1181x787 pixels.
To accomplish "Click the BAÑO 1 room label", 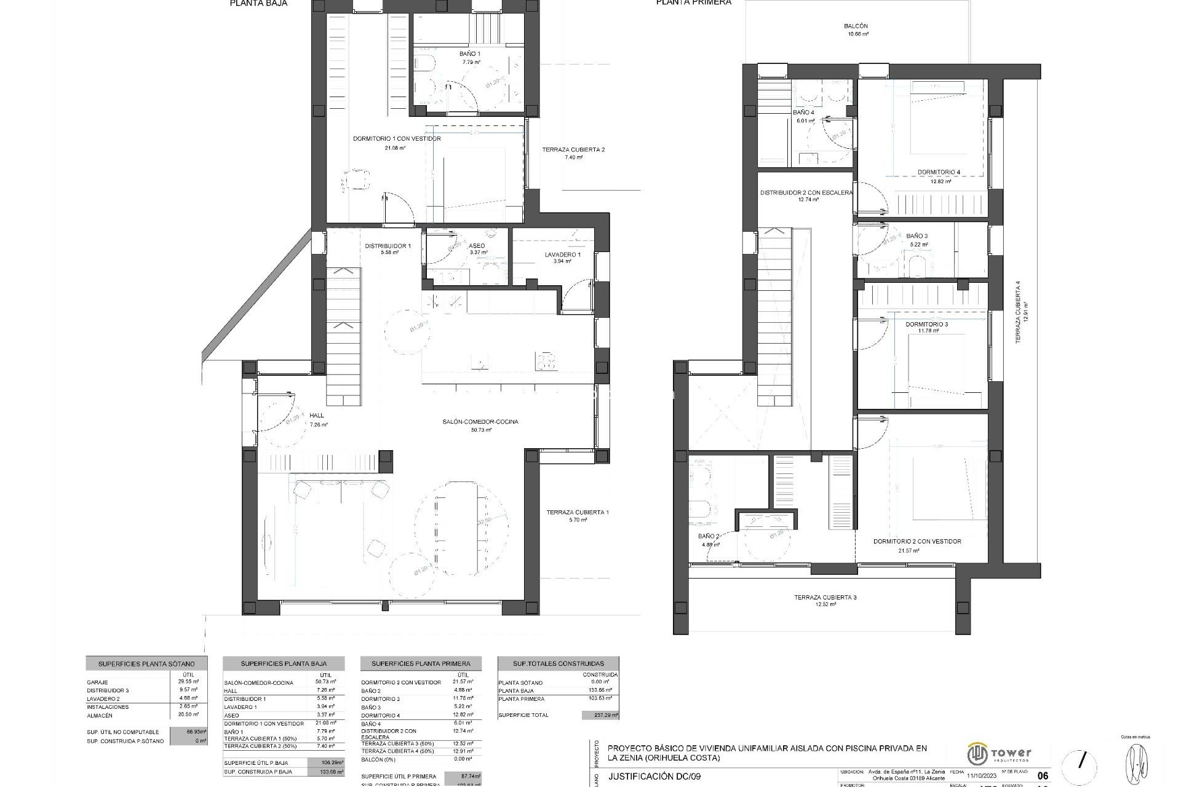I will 470,54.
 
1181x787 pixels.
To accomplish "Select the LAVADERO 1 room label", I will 562,255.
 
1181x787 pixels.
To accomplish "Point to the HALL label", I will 317,416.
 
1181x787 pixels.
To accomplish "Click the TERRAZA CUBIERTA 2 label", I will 573,149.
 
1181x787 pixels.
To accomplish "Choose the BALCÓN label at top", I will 856,26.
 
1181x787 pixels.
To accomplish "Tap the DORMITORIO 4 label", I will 938,172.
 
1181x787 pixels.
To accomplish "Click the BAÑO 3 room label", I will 917,236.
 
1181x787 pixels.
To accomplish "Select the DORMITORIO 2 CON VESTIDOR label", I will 917,542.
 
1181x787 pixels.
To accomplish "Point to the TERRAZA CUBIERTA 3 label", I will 825,597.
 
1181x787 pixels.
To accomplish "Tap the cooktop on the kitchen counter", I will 546,361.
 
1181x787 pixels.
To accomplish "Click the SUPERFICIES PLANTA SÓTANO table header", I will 146,664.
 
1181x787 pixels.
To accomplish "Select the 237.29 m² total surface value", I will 600,715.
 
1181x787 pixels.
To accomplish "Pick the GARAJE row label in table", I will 98,682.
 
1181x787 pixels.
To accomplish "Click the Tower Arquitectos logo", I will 1000,753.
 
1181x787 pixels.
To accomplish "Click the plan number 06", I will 1042,776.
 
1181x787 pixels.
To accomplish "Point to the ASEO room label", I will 477,246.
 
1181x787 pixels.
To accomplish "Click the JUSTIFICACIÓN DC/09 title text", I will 654,777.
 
